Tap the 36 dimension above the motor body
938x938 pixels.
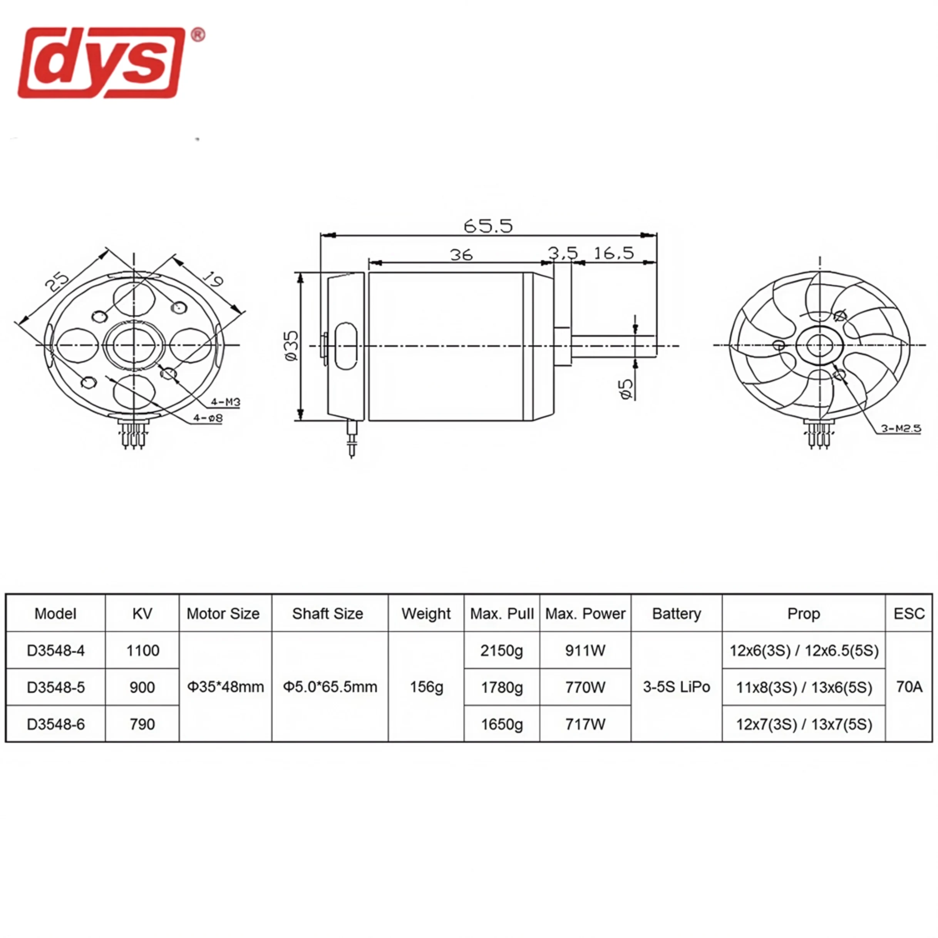click(461, 255)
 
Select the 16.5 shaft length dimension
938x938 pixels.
click(614, 253)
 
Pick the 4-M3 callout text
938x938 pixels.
click(225, 402)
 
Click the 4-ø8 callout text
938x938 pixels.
click(208, 417)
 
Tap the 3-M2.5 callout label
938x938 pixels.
click(901, 428)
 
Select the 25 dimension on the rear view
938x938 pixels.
click(58, 283)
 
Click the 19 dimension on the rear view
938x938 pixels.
click(212, 279)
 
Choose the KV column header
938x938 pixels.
click(142, 614)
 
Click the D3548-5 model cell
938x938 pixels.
click(56, 687)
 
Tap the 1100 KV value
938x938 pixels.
click(142, 651)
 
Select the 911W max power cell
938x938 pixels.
click(585, 651)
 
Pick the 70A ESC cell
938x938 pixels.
click(909, 687)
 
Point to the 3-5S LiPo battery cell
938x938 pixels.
click(676, 687)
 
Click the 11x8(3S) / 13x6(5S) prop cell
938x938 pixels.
click(804, 687)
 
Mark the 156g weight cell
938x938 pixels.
click(426, 687)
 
